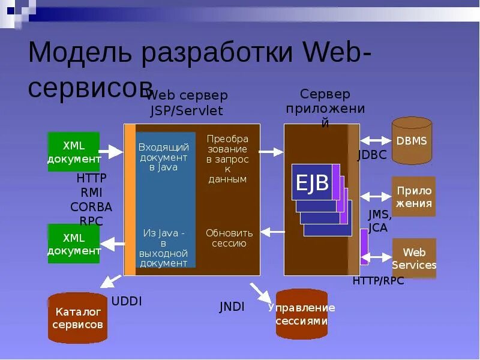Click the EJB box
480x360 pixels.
(312, 182)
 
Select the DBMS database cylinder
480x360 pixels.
(412, 142)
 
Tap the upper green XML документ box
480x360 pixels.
(74, 152)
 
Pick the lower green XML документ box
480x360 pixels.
(74, 244)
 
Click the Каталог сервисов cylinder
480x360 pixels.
(77, 318)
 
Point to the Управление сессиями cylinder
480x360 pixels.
(301, 314)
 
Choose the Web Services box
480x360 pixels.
(414, 259)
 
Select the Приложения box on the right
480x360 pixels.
(413, 197)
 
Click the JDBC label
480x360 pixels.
(372, 155)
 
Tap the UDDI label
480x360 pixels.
(127, 301)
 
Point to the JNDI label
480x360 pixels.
(232, 307)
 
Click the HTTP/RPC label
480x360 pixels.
(378, 280)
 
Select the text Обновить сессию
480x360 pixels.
(229, 238)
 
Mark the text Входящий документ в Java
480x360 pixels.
(164, 157)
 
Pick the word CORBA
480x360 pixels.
(91, 207)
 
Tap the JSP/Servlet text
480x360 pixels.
(187, 110)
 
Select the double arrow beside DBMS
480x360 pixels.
(376, 140)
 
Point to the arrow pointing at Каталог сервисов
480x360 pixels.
(110, 281)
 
